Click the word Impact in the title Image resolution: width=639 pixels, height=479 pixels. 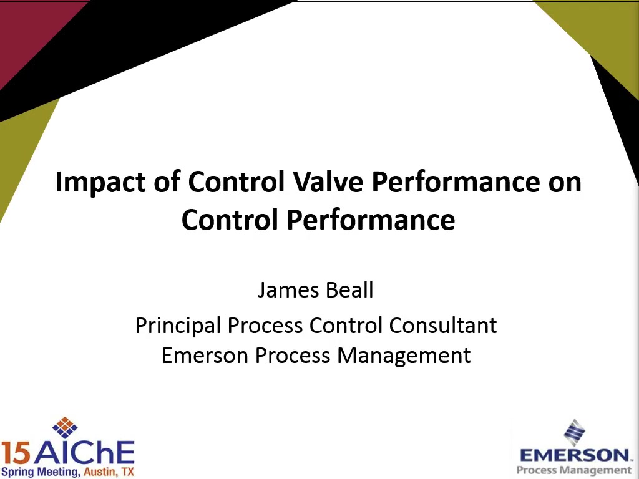point(100,182)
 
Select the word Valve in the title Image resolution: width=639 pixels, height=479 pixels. point(328,181)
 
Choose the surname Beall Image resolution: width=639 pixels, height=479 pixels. point(350,289)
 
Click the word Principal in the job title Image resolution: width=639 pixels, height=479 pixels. point(178,326)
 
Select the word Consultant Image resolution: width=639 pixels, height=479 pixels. point(442,326)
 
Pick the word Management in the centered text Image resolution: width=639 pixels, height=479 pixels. point(404,356)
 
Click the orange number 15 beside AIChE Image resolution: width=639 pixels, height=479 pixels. point(15,453)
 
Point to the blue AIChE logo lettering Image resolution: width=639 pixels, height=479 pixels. point(84,453)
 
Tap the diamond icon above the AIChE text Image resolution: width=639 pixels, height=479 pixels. point(65,427)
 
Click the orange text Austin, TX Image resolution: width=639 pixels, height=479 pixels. point(109,472)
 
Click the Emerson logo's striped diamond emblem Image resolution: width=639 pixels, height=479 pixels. point(575,432)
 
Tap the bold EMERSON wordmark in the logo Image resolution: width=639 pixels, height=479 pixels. point(574,455)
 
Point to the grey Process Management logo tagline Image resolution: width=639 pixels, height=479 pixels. point(574,470)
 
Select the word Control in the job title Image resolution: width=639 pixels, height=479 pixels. point(347,326)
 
